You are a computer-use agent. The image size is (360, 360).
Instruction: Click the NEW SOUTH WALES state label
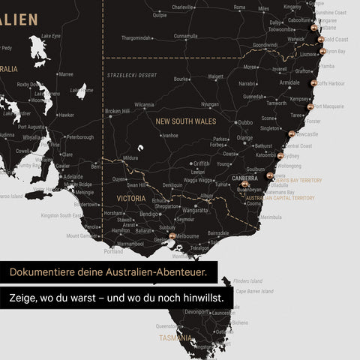[x=185, y=120]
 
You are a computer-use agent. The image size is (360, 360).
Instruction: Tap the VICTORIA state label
[x=130, y=199]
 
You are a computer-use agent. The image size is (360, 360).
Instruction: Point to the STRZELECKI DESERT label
[x=131, y=75]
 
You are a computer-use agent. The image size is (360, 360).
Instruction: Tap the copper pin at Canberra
[x=244, y=184]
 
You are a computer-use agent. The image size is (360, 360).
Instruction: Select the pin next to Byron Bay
[x=323, y=52]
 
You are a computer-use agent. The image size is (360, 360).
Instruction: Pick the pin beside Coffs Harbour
[x=314, y=83]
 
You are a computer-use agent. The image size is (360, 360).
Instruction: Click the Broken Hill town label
[x=117, y=111]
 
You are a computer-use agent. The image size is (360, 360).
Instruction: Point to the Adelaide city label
[x=73, y=177]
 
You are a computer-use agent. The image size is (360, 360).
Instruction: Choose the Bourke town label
[x=181, y=79]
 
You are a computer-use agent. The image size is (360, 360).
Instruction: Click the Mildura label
[x=130, y=158]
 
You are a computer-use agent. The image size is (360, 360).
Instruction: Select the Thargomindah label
[x=136, y=37]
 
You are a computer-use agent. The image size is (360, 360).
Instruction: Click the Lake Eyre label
[x=51, y=35]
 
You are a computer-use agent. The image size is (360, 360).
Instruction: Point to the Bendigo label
[x=148, y=214]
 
